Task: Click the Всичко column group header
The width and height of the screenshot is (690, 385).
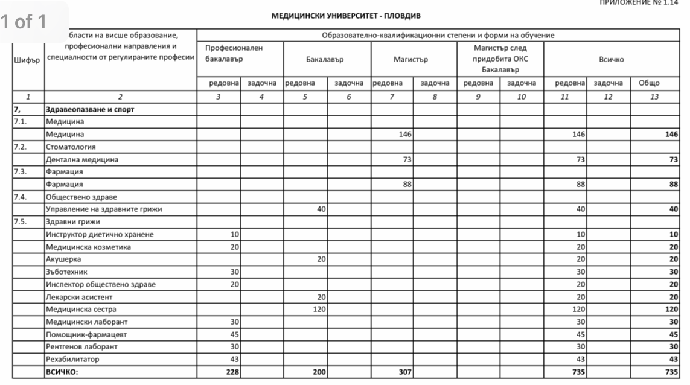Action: [x=611, y=60]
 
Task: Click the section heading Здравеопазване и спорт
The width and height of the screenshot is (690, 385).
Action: [x=89, y=110]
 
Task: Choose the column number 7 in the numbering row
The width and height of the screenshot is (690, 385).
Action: [x=392, y=96]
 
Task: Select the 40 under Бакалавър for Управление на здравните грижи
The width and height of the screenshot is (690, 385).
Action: [x=321, y=209]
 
